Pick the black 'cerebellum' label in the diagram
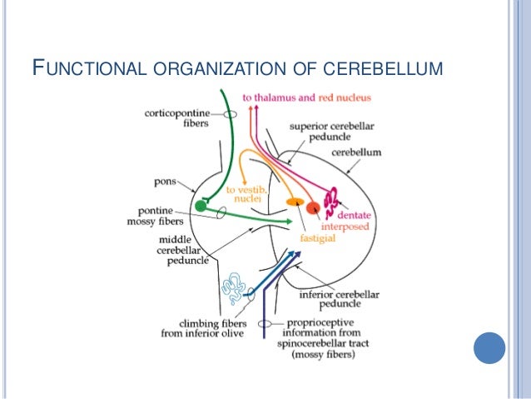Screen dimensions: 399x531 356,152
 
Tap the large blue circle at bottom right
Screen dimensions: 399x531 489,347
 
